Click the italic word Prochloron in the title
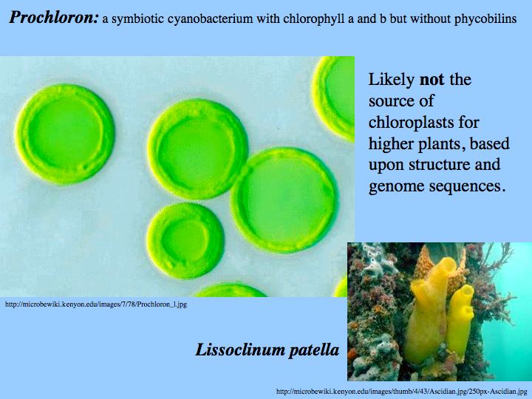pyautogui.click(x=54, y=18)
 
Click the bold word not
pyautogui.click(x=432, y=80)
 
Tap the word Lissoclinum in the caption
pyautogui.click(x=239, y=349)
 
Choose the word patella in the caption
pyautogui.click(x=313, y=350)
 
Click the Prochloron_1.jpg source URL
pyautogui.click(x=96, y=304)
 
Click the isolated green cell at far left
pyautogui.click(x=64, y=134)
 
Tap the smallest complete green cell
pyautogui.click(x=185, y=241)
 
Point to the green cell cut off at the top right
pyautogui.click(x=334, y=98)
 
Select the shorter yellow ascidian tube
pyautogui.click(x=460, y=321)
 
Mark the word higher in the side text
pyautogui.click(x=391, y=144)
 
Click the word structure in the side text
pyautogui.click(x=439, y=165)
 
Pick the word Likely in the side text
pyautogui.click(x=391, y=80)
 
